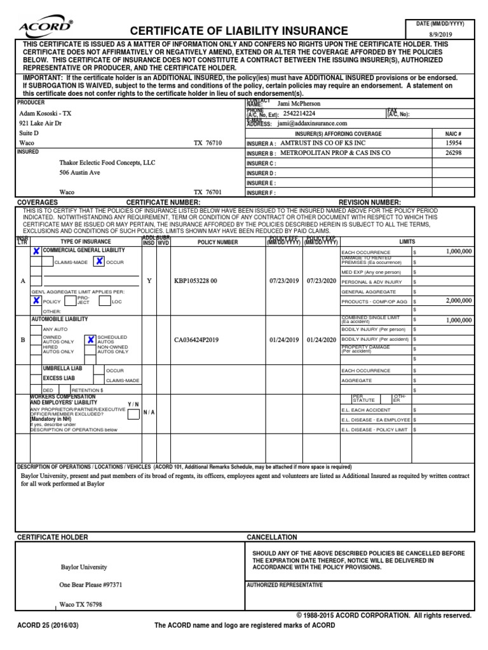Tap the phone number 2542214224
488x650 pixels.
308,113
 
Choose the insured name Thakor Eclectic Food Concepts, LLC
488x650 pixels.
107,162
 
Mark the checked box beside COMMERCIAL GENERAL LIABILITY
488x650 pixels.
36,251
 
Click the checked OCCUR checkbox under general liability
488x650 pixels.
100,261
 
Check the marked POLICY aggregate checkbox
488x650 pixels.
36,301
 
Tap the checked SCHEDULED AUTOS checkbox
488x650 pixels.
91,339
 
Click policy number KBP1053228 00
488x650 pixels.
196,281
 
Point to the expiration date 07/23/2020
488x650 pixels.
322,281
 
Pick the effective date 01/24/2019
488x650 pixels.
284,340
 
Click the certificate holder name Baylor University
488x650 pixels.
84,567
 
